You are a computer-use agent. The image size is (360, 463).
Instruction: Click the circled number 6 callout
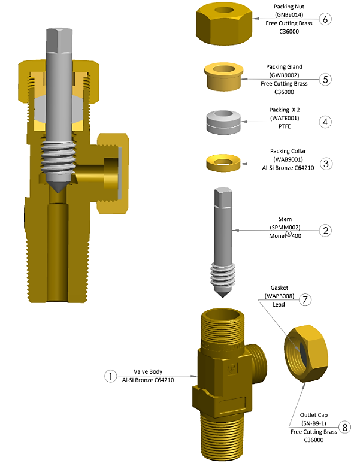[326, 19]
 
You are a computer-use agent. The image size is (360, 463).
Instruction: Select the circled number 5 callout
[326, 79]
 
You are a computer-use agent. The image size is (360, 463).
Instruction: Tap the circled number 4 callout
[326, 122]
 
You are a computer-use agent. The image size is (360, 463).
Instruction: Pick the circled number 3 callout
[326, 164]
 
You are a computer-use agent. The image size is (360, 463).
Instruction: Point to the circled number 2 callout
[326, 230]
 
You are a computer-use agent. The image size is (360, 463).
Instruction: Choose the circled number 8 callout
[344, 427]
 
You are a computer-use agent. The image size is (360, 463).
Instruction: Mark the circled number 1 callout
[110, 376]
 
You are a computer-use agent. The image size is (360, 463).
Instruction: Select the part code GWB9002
[284, 75]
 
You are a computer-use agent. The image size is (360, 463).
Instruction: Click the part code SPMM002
[284, 228]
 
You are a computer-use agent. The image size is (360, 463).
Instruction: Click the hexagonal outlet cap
[305, 355]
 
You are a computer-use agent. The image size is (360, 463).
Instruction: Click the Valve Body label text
[147, 371]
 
